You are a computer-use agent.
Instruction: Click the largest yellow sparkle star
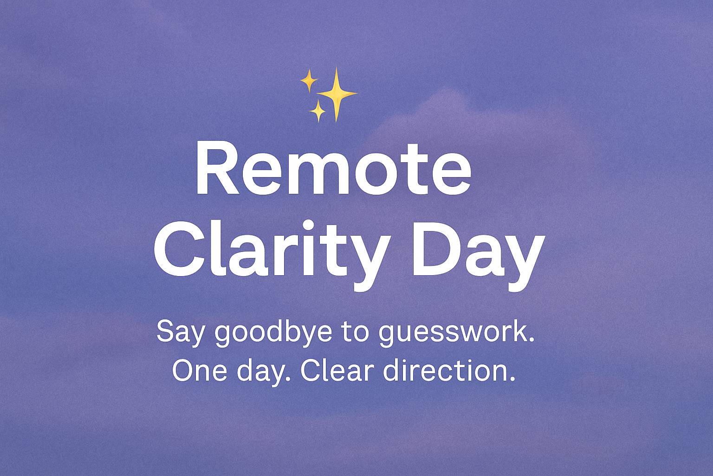pos(337,94)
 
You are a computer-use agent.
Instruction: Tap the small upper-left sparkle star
pos(309,81)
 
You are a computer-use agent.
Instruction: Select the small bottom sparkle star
pos(318,111)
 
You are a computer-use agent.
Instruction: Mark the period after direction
pos(512,379)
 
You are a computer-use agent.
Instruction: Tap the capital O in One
pos(183,371)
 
